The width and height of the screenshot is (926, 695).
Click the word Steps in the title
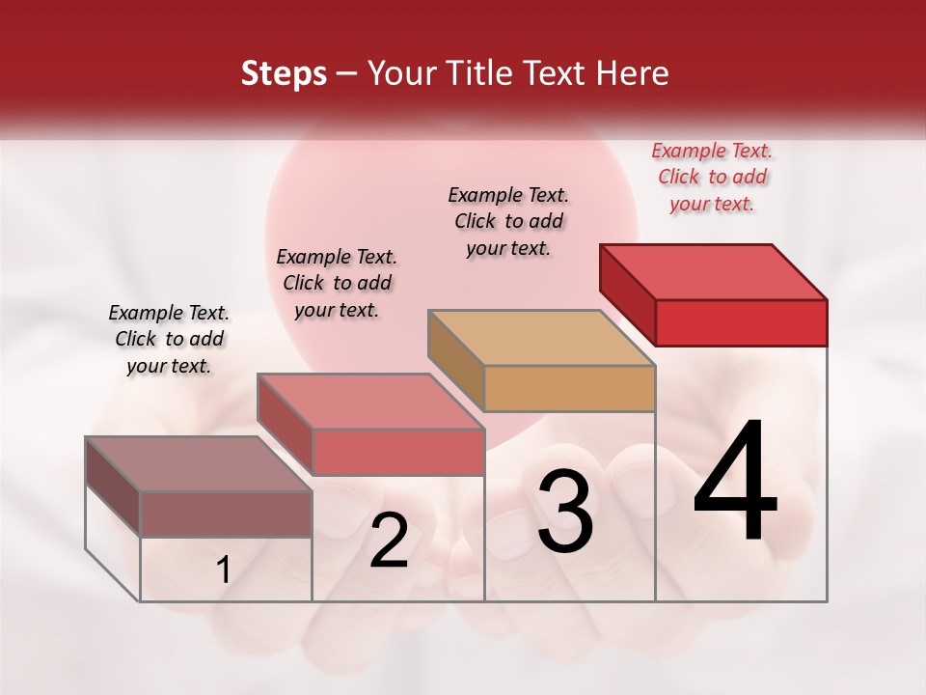click(284, 73)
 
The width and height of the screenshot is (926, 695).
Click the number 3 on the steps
click(565, 512)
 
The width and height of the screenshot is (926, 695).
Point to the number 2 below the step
click(389, 541)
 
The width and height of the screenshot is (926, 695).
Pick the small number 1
click(224, 570)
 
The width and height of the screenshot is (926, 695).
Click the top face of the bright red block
click(714, 271)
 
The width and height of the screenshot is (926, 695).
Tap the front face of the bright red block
click(741, 322)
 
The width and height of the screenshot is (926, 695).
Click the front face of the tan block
click(569, 388)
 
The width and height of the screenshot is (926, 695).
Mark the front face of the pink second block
click(397, 452)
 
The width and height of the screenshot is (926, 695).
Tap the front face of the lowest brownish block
click(226, 514)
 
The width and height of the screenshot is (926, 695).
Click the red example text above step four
click(712, 177)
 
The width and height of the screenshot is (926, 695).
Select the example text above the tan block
click(508, 221)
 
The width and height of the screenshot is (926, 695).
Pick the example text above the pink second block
click(337, 283)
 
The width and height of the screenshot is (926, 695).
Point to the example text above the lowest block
click(169, 339)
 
